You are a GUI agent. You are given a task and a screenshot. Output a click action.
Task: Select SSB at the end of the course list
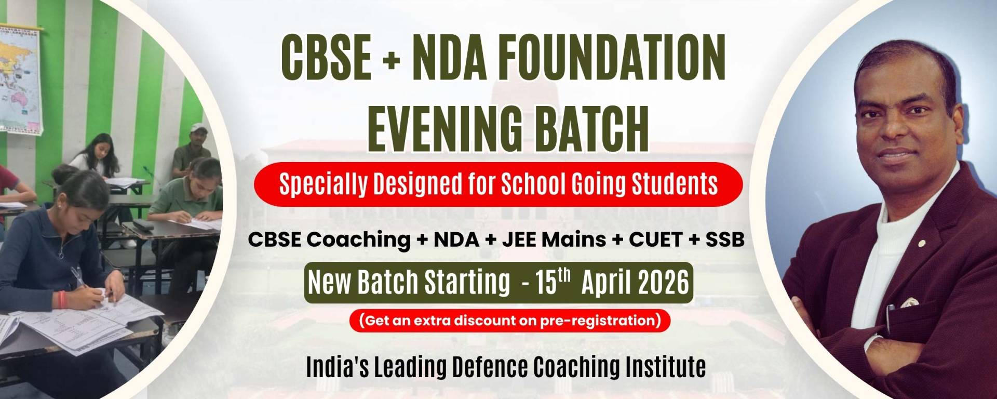tap(725, 240)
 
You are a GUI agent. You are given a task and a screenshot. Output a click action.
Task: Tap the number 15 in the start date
tap(546, 283)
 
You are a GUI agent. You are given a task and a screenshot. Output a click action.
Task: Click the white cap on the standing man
tap(198, 128)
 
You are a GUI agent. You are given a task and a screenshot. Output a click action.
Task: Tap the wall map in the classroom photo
tap(20, 78)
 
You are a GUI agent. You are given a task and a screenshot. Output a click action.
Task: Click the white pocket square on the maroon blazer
tap(909, 302)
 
